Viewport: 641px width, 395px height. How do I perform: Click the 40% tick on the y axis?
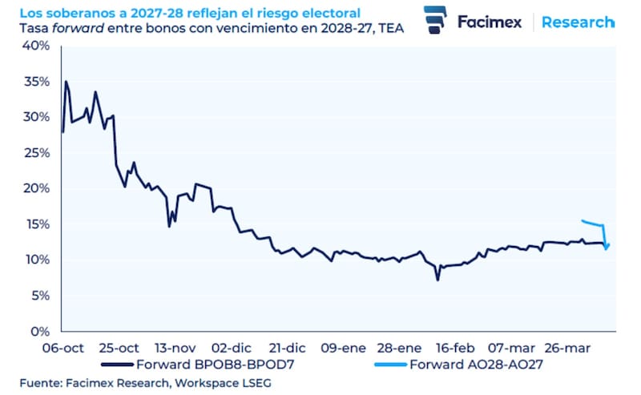pyautogui.click(x=38, y=46)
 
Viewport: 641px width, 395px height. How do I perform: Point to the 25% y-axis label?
pyautogui.click(x=38, y=152)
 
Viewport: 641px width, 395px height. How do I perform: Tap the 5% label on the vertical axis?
pyautogui.click(x=41, y=296)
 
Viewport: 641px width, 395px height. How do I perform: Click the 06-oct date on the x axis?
pyautogui.click(x=62, y=349)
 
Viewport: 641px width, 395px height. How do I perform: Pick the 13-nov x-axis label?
pyautogui.click(x=174, y=349)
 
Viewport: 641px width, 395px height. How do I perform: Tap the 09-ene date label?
pyautogui.click(x=342, y=349)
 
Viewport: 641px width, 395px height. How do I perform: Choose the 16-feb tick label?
pyautogui.click(x=454, y=349)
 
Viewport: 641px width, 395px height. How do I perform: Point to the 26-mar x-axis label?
pyautogui.click(x=566, y=349)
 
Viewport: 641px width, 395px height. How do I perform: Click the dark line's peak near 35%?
pyautogui.click(x=66, y=82)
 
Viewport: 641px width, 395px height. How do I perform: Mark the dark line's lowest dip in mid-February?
pyautogui.click(x=437, y=280)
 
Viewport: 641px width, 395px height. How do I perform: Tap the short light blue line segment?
pyautogui.click(x=593, y=224)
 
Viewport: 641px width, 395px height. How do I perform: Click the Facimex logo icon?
pyautogui.click(x=435, y=20)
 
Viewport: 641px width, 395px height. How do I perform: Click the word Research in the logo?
pyautogui.click(x=577, y=22)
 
